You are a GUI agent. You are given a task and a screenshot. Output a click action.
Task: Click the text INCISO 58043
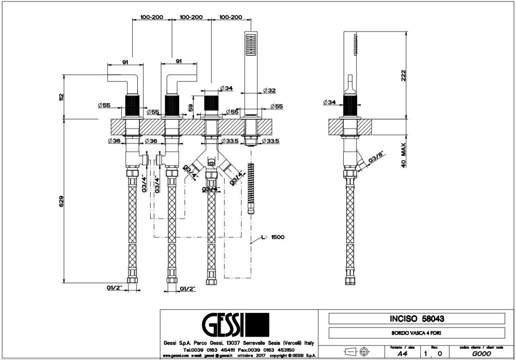click(417, 319)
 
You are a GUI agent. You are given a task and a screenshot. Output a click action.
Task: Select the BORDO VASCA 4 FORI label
click(417, 333)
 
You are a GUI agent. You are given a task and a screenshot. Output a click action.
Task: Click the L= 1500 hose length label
click(273, 237)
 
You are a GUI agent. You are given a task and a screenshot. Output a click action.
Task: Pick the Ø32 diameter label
click(269, 90)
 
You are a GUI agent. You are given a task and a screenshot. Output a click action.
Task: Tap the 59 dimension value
click(191, 108)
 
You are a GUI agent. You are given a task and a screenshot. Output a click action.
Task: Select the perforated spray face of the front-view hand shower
click(251, 44)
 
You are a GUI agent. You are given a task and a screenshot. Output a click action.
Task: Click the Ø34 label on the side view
click(330, 102)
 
